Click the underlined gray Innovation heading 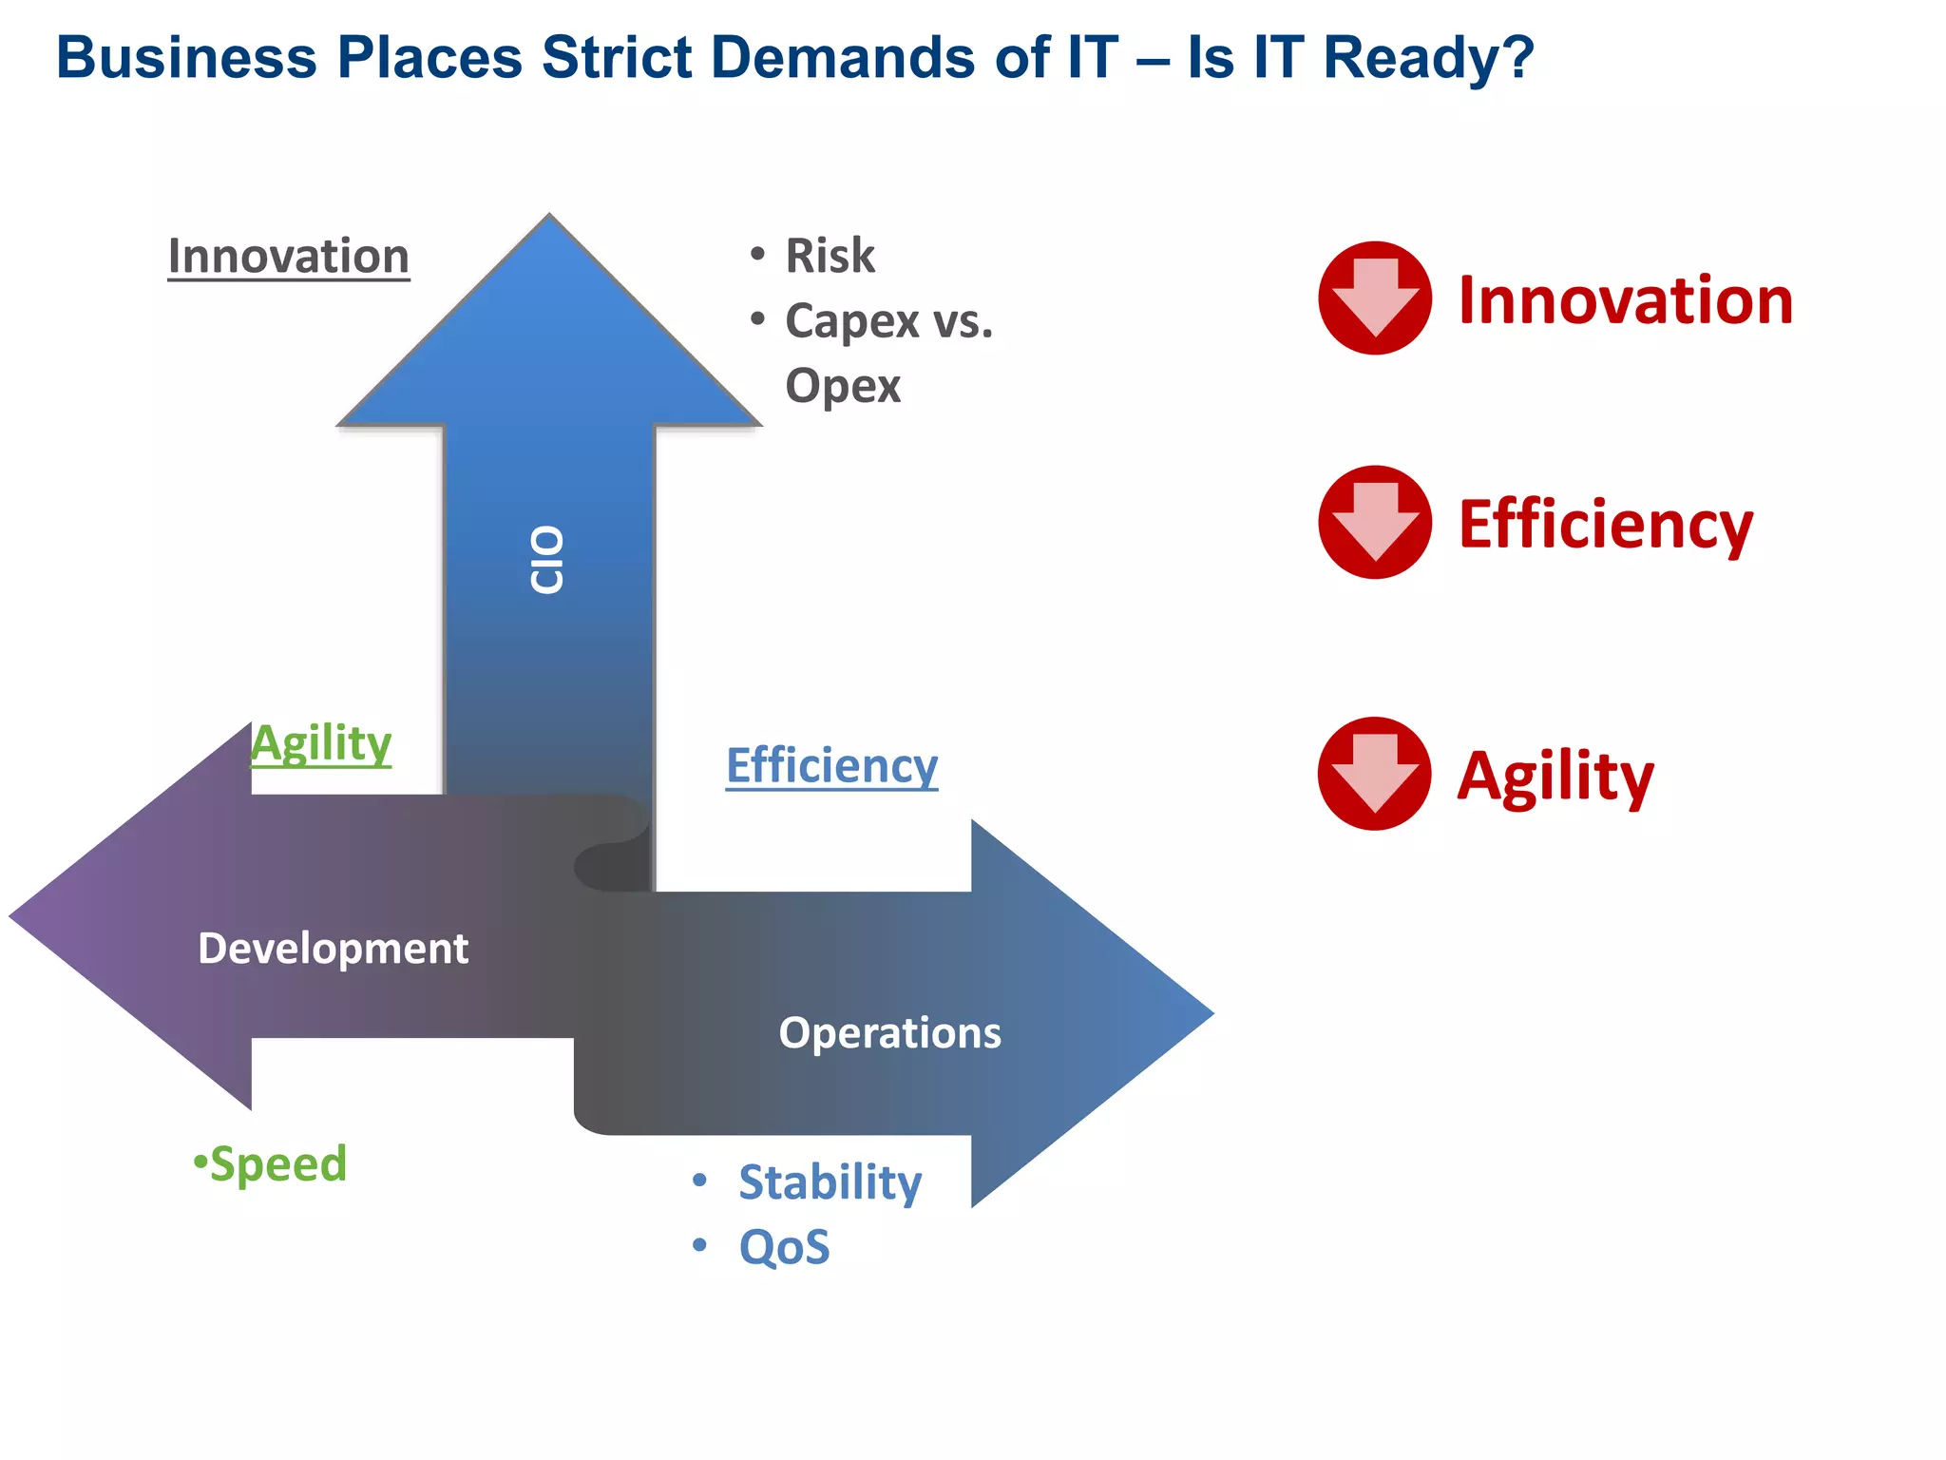tap(288, 257)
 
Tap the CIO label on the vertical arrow tap(547, 560)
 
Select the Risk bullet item tap(829, 256)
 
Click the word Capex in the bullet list tap(852, 321)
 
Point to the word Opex tap(842, 386)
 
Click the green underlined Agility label tap(321, 743)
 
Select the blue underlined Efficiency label tap(831, 766)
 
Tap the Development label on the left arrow tap(333, 949)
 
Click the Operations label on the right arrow tap(889, 1033)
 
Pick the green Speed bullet tap(277, 1164)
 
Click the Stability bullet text tap(830, 1182)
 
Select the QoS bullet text tap(784, 1247)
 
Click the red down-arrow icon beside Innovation tap(1375, 298)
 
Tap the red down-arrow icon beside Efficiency tap(1375, 523)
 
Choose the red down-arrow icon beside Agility tap(1375, 774)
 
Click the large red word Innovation tap(1625, 300)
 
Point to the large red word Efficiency tap(1605, 525)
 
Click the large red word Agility tap(1555, 777)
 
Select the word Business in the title tap(186, 57)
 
